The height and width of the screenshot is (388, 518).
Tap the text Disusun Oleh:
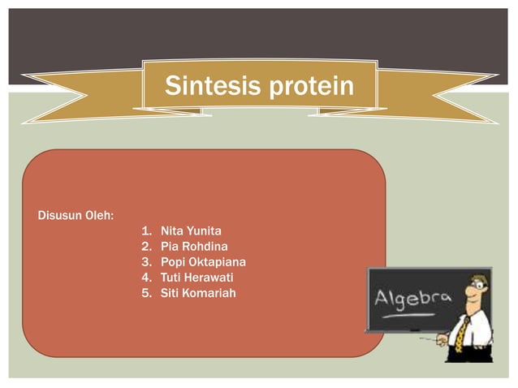[76, 215]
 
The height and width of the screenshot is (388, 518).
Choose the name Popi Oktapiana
[203, 261]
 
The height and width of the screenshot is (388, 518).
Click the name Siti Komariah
[198, 291]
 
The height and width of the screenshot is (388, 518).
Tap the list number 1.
[146, 231]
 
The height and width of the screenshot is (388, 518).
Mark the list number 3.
[146, 261]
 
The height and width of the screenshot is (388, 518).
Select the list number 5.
[146, 291]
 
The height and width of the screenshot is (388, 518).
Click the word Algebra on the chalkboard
[412, 298]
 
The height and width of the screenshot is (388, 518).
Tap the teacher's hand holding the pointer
[442, 341]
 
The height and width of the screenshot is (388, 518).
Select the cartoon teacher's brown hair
[478, 277]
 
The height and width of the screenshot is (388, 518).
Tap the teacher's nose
[472, 295]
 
